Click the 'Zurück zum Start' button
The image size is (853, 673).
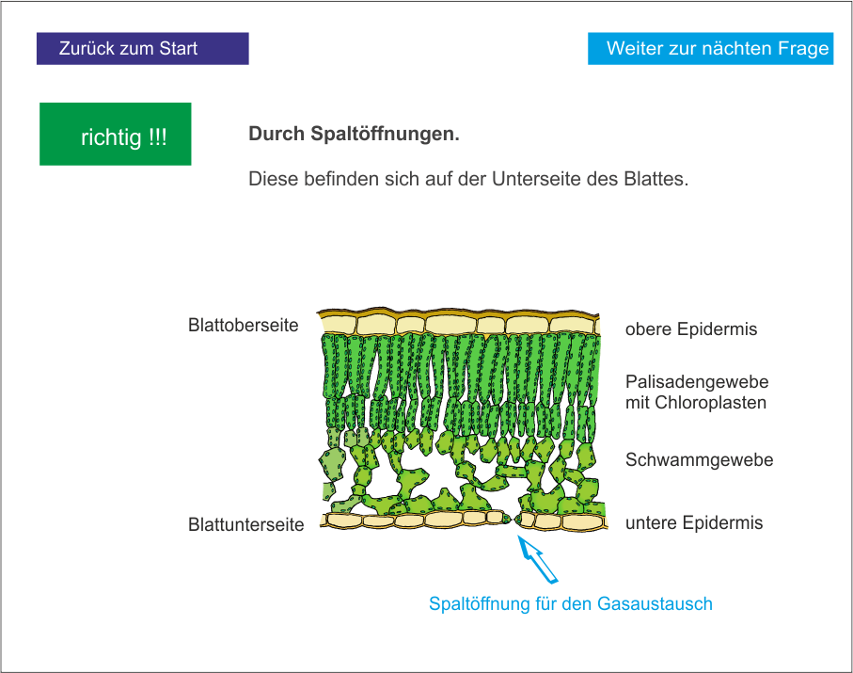tap(142, 49)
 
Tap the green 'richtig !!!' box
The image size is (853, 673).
tap(115, 135)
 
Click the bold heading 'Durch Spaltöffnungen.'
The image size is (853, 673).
tap(354, 135)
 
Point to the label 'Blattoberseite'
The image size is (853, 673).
tap(243, 326)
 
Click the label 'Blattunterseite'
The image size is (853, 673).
tap(245, 525)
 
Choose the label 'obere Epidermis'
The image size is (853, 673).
tap(690, 329)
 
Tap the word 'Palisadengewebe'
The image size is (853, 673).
tap(696, 382)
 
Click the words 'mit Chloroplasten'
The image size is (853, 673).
tap(695, 403)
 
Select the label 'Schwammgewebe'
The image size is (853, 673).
tap(699, 460)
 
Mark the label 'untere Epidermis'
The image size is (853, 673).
tap(693, 523)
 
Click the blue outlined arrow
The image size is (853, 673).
tap(540, 561)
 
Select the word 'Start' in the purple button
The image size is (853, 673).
tap(178, 49)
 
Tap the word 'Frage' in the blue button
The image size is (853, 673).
tap(805, 49)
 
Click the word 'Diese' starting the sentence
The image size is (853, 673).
tap(272, 179)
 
